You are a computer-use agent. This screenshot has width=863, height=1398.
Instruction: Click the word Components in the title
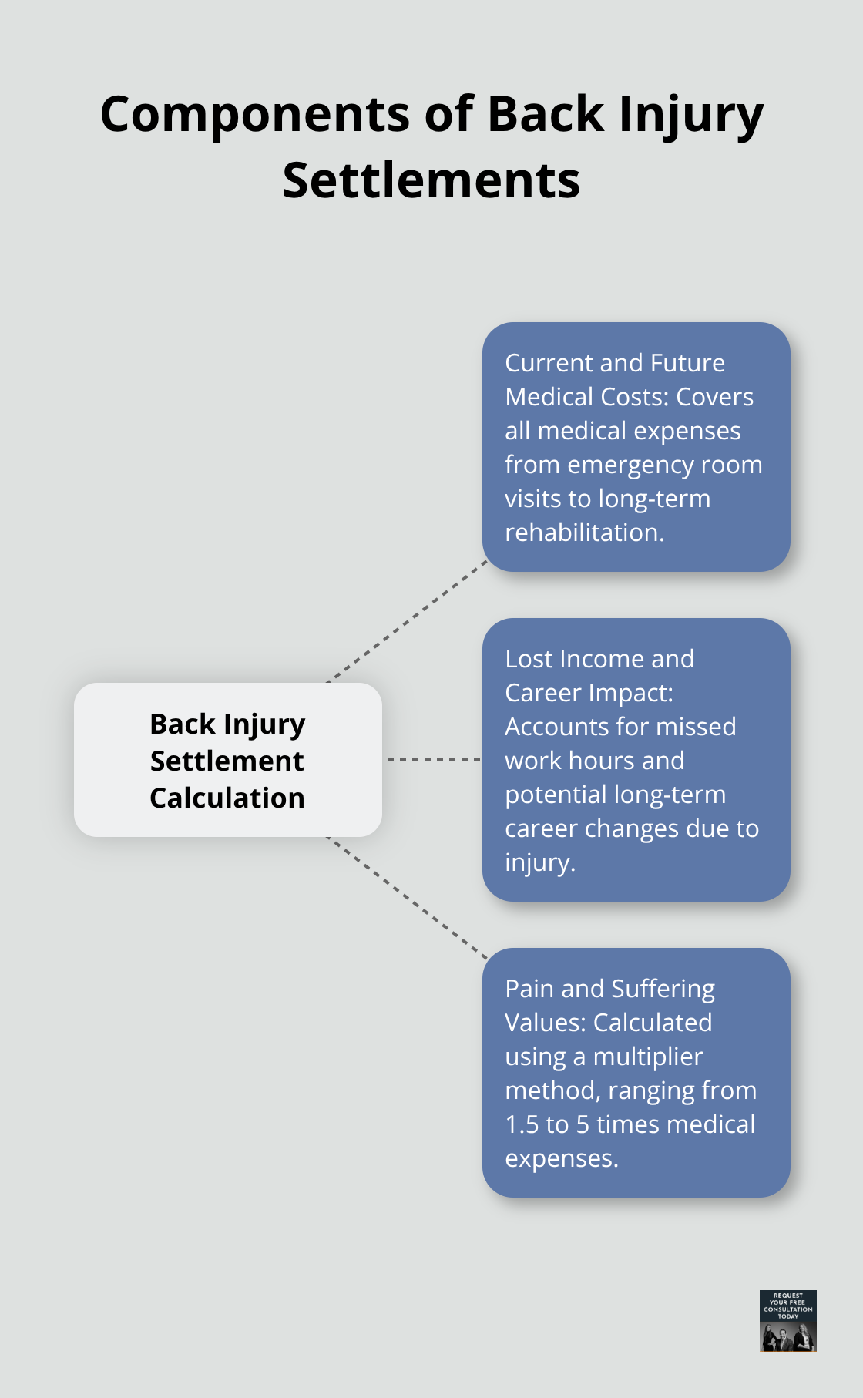tap(256, 115)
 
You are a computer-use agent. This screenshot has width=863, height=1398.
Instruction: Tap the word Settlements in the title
tap(431, 181)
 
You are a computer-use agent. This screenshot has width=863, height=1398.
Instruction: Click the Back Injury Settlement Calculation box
tap(228, 760)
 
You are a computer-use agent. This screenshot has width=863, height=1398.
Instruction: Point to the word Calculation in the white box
tap(227, 798)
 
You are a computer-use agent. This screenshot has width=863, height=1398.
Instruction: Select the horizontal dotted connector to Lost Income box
tap(433, 760)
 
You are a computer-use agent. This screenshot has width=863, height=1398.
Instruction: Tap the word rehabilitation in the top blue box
tap(584, 533)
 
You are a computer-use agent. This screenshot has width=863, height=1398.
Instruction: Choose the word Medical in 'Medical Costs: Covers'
tap(549, 397)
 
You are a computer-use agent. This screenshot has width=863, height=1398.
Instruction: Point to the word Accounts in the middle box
tap(550, 727)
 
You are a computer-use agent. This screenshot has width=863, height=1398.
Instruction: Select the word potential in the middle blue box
tap(550, 795)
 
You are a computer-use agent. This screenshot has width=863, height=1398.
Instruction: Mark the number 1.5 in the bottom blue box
tap(522, 1124)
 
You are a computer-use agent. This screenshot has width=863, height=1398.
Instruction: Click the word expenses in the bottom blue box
tap(560, 1158)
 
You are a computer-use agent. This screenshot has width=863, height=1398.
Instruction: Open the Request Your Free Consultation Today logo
tap(787, 1321)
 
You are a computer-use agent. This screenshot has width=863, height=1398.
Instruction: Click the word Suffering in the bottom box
tap(663, 989)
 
